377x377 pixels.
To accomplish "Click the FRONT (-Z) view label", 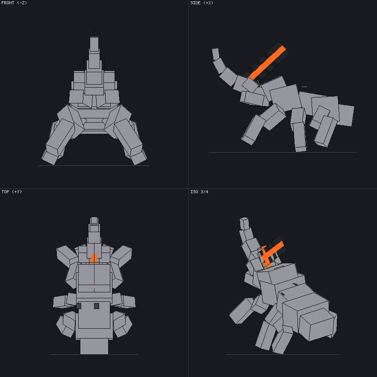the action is (x=14, y=3).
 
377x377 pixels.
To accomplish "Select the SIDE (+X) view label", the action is (x=202, y=3).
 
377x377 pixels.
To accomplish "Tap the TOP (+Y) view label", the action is (x=12, y=191).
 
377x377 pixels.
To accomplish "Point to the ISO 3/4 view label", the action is (x=199, y=191).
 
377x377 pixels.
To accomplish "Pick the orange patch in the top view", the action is (x=94, y=258).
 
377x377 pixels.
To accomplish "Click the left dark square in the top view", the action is (x=79, y=306).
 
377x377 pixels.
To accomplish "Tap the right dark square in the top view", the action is (x=97, y=306).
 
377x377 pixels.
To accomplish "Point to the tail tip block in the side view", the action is (x=216, y=54).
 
